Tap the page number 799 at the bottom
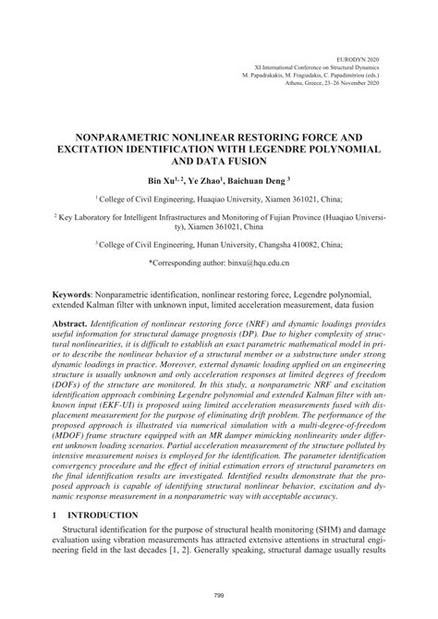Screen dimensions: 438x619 coord(219,595)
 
